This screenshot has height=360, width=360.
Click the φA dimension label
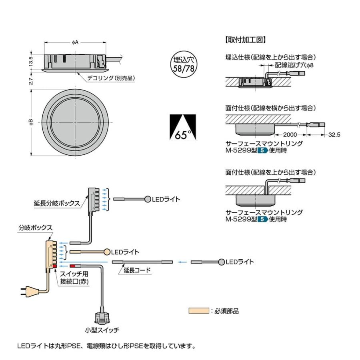pyautogui.click(x=76, y=42)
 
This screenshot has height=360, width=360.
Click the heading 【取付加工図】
pyautogui.click(x=246, y=40)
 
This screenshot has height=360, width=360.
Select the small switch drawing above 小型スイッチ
pyautogui.click(x=102, y=317)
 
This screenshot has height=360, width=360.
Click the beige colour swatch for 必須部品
pyautogui.click(x=199, y=310)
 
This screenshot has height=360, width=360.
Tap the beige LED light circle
pyautogui.click(x=106, y=252)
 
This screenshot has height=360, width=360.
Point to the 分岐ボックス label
pyautogui.click(x=35, y=227)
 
